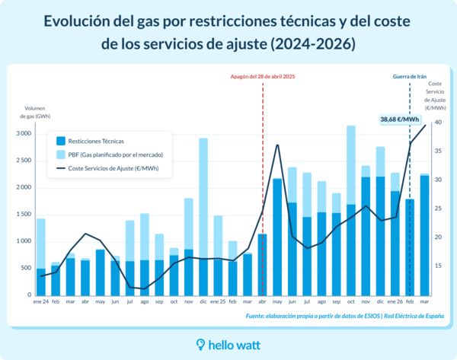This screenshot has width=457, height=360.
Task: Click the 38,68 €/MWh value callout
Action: coord(400,119)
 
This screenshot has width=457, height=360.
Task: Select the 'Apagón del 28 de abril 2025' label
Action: coord(263,77)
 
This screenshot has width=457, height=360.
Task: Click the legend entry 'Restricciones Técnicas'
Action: coord(96,141)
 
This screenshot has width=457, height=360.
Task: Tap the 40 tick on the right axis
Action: coord(438,122)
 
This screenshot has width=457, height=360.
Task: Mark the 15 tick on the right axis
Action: coord(438,266)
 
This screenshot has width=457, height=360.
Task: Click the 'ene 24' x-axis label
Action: coord(40,302)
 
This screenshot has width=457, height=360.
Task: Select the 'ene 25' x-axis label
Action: coord(218,302)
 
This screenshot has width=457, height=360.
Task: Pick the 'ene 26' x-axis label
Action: coord(395,302)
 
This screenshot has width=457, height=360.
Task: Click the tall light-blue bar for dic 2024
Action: coord(203,198)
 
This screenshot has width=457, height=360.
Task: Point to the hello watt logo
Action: coord(228,345)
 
